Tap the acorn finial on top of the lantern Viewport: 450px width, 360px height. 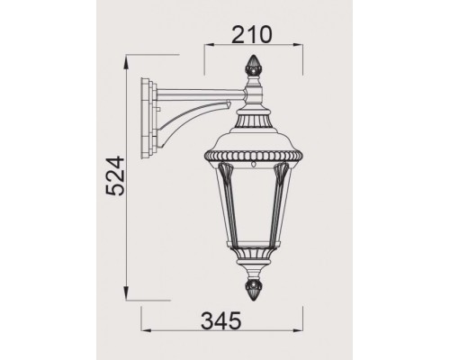tap(253, 67)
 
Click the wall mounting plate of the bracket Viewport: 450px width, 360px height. tap(146, 116)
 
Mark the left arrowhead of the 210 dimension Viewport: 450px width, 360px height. tap(208, 49)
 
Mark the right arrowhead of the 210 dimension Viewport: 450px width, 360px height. tap(298, 49)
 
